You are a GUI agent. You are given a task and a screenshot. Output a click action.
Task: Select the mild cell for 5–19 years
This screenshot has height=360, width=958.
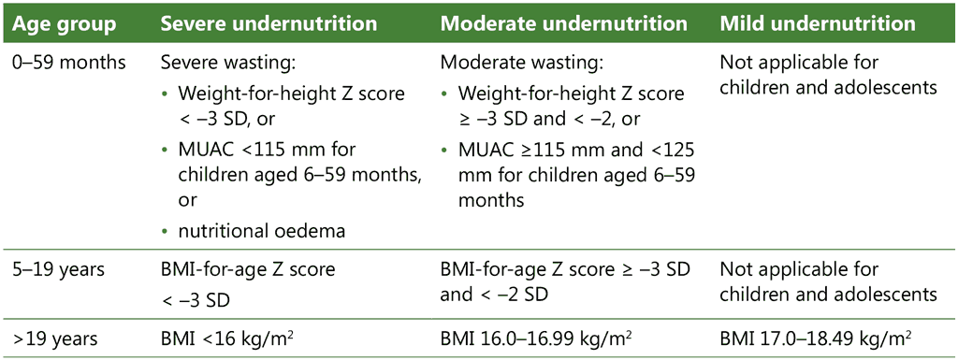(828, 283)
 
